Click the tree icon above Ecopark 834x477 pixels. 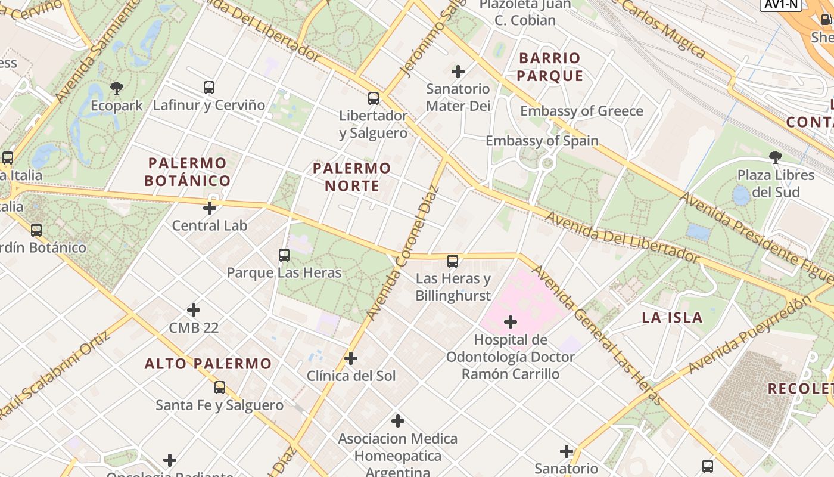point(117,88)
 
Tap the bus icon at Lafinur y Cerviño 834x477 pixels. point(208,88)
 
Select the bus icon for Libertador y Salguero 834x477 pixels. point(374,98)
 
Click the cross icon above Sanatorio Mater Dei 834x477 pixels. point(458,72)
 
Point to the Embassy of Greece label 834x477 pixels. point(581,111)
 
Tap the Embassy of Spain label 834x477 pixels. point(542,141)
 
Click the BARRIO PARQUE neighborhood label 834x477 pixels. point(549,67)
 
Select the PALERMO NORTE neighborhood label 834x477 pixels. point(351,176)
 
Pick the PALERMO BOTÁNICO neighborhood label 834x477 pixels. point(188,172)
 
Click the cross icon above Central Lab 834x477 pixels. point(210,208)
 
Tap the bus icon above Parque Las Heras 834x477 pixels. point(284,255)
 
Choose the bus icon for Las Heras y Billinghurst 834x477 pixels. point(453,261)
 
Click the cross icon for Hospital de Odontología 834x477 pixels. point(511,322)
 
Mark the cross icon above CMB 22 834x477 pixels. point(194,310)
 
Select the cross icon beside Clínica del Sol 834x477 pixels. point(351,358)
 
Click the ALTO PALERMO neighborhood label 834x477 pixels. point(208,363)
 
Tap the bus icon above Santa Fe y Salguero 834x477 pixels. point(220,388)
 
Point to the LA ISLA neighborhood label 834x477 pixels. point(672,317)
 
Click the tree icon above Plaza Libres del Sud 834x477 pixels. point(775,157)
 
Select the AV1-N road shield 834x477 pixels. point(780,4)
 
